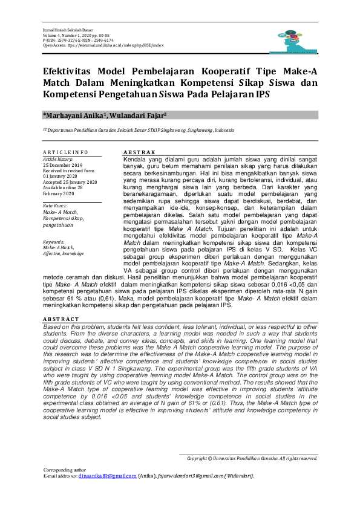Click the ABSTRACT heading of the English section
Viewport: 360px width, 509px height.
pos(61,318)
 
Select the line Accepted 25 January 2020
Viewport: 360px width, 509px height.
pos(70,181)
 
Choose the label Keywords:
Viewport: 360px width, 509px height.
pos(54,241)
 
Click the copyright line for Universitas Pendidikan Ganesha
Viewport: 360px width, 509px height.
pos(252,458)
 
